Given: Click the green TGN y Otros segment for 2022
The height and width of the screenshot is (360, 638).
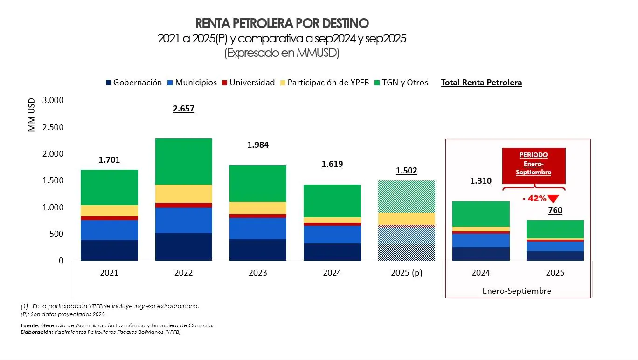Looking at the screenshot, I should (183, 161).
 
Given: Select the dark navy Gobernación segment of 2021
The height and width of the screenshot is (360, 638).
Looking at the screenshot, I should (109, 250).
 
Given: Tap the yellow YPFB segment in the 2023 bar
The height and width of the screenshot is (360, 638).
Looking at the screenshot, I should (257, 208).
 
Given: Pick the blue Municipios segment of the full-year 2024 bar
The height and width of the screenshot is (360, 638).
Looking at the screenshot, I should (332, 235).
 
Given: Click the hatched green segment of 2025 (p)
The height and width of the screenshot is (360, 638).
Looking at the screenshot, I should (406, 196).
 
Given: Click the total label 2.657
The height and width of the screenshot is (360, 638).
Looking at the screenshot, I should (183, 109).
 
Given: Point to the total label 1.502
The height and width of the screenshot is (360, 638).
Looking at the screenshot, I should (406, 171).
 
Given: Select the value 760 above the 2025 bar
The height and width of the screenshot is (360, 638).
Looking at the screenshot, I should (555, 210).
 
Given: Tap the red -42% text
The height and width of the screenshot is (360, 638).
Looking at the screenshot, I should (534, 198).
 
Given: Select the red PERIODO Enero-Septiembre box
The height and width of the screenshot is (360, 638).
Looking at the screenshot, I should (534, 166).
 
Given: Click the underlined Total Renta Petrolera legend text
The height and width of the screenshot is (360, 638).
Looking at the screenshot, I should (481, 83).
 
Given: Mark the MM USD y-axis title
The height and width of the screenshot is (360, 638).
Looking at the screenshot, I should (32, 114).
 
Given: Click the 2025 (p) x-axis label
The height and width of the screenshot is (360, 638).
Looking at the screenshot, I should (406, 273).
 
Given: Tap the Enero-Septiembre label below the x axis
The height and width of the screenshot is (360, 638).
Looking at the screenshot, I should (517, 291).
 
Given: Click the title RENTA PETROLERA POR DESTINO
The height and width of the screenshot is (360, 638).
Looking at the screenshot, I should (282, 23).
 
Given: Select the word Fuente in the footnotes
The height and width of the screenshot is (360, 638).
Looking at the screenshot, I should (30, 325).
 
